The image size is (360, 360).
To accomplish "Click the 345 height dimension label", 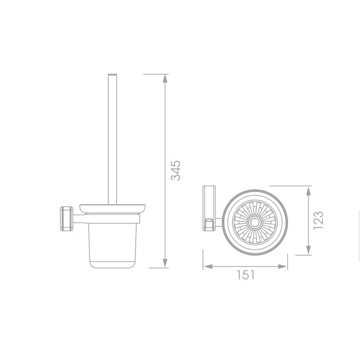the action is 176,170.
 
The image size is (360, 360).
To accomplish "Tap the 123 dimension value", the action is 319,220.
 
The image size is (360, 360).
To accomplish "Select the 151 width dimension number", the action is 245,275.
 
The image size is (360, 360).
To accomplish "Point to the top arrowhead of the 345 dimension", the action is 165,79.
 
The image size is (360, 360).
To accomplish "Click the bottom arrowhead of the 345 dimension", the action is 165,263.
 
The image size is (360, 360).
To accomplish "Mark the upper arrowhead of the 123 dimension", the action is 308,191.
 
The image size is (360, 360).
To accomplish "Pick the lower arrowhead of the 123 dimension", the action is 308,250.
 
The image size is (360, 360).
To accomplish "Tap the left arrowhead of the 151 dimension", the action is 208,266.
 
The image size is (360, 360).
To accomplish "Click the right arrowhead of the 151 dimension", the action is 283,266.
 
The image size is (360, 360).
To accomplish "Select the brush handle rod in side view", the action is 113,139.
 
